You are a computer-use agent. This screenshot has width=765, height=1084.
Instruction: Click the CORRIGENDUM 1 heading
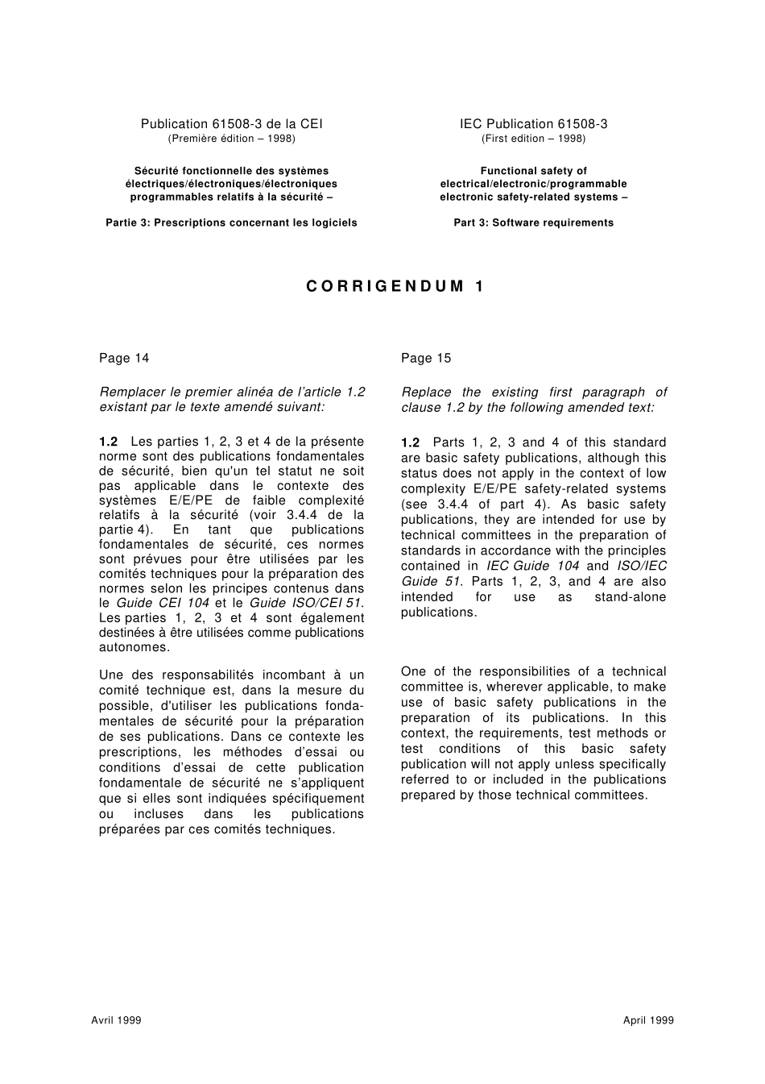395,286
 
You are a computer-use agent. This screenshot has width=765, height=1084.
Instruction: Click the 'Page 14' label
124,358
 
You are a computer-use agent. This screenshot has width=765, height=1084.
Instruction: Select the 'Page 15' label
426,358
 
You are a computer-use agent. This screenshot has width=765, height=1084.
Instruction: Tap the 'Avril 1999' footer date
116,1020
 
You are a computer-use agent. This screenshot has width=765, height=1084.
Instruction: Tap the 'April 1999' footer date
648,1020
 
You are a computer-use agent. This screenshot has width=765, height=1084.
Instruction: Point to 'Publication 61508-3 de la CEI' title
231,124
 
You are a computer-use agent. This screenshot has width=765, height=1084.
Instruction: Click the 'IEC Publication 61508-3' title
533,124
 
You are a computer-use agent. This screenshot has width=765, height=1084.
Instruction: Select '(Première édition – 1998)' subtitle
231,139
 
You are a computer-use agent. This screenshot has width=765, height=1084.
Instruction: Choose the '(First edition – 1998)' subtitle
533,139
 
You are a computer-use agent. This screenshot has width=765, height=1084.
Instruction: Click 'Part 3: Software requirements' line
533,223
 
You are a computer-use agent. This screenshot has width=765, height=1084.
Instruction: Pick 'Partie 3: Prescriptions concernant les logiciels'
231,223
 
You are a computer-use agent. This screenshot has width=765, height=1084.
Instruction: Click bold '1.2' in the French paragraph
108,442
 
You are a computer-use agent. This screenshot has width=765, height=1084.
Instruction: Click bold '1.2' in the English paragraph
410,442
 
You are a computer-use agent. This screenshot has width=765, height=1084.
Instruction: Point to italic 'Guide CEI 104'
163,603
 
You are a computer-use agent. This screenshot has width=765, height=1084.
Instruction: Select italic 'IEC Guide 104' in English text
532,566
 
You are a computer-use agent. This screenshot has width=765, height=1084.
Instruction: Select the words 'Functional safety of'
533,171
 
